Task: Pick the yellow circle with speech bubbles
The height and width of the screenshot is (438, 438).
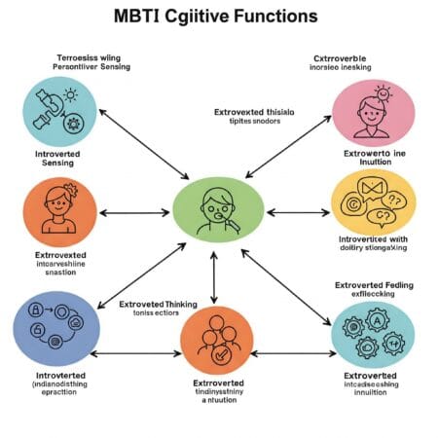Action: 373,204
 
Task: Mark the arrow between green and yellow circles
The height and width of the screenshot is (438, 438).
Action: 298,211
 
